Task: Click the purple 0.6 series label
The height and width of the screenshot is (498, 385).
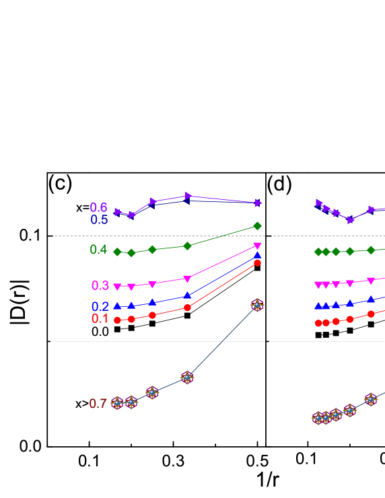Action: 98,208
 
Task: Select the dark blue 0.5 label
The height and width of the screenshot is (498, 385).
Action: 99,220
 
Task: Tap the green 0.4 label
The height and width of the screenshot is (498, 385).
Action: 98,250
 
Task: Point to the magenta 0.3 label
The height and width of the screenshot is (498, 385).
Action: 100,285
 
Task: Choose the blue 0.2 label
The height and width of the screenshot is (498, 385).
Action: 100,306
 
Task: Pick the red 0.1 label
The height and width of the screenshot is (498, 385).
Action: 100,318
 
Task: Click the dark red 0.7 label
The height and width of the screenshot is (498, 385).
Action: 98,404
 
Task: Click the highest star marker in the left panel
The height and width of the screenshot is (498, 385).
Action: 257,305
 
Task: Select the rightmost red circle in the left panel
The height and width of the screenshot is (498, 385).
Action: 257,262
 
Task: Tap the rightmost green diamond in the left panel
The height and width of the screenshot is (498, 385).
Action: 257,225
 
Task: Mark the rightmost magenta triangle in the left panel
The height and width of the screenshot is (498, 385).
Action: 257,246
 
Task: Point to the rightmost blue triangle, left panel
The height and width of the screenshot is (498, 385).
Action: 257,255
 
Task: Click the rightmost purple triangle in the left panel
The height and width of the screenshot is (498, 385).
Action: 258,203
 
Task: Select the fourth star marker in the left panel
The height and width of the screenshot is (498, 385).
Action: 187,378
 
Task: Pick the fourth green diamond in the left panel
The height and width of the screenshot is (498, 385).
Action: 187,246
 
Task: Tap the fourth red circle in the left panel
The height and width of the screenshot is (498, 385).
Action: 187,307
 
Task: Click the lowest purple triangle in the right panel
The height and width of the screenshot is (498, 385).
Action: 351,220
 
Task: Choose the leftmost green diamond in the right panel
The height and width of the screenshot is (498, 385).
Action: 318,252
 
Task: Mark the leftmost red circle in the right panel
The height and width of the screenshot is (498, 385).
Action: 318,323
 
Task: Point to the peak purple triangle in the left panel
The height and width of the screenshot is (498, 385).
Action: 187,196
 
